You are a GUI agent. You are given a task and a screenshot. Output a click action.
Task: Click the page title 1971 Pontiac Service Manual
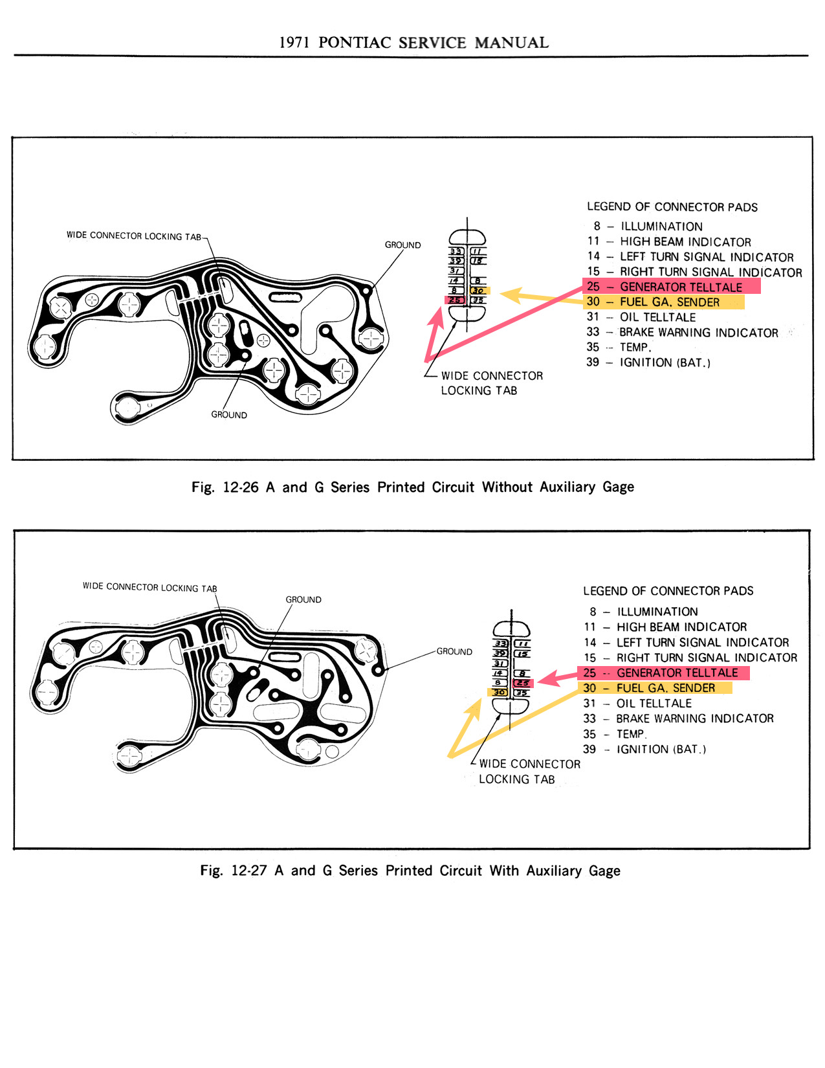point(413,43)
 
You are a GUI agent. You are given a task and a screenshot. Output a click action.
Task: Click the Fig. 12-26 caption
point(412,487)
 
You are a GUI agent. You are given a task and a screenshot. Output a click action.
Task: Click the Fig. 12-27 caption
point(410,871)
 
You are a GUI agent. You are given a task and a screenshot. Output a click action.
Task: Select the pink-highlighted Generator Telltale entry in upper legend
point(671,287)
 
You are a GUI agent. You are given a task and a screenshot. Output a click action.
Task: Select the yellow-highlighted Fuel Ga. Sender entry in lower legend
point(655,688)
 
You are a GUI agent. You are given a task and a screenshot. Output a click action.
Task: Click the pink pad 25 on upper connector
point(456,300)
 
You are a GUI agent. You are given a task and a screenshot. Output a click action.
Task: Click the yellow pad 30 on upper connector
point(479,291)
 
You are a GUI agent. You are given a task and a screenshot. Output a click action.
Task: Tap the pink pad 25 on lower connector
point(522,683)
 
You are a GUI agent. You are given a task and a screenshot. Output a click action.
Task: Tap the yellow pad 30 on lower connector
point(499,693)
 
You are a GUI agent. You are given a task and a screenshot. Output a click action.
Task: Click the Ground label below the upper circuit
point(229,414)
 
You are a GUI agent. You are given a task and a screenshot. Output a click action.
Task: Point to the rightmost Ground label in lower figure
point(454,651)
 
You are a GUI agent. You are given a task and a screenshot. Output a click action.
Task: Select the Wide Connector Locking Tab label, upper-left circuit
point(134,236)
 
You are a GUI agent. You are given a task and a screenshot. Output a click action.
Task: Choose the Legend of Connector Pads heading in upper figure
point(672,207)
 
